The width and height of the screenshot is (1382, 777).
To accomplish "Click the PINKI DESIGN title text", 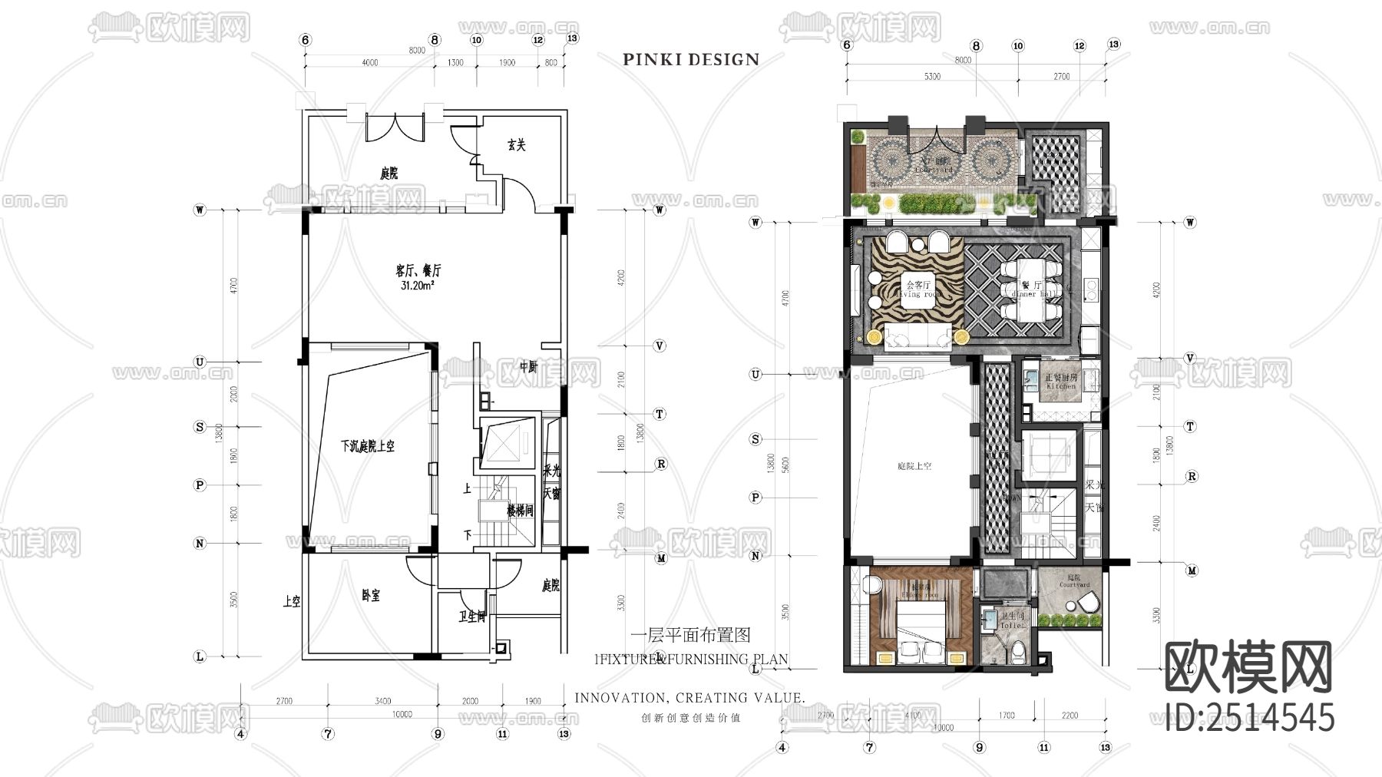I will pyautogui.click(x=691, y=60).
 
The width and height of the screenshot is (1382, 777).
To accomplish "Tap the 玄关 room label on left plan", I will pyautogui.click(x=517, y=145).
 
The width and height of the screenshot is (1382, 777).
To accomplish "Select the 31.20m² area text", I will pyautogui.click(x=418, y=286).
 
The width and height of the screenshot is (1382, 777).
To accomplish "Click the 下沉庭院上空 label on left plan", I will pyautogui.click(x=368, y=446).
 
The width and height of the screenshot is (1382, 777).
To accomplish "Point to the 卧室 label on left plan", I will pyautogui.click(x=371, y=595).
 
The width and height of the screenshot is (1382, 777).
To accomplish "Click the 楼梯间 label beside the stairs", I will pyautogui.click(x=519, y=511).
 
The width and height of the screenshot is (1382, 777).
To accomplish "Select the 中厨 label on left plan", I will pyautogui.click(x=528, y=367).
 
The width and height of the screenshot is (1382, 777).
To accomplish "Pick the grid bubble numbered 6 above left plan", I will pyautogui.click(x=305, y=40).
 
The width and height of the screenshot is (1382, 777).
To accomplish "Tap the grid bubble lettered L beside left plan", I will pyautogui.click(x=200, y=656).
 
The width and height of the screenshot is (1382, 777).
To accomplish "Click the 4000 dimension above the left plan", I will pyautogui.click(x=369, y=63).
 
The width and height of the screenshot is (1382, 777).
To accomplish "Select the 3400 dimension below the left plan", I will pyautogui.click(x=382, y=700).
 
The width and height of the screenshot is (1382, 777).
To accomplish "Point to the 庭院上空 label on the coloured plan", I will pyautogui.click(x=914, y=466).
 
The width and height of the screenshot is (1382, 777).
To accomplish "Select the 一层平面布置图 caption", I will pyautogui.click(x=689, y=635).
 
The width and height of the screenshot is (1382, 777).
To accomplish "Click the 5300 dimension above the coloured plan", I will pyautogui.click(x=932, y=77).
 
